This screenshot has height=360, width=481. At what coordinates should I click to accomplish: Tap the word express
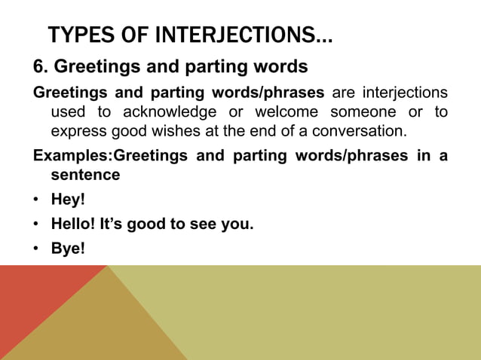pos(76,131)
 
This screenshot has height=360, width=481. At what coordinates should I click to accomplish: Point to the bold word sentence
pos(84,175)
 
